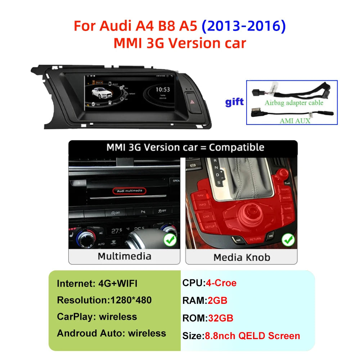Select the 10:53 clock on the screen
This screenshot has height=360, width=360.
[162, 89]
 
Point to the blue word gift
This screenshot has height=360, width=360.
[234, 102]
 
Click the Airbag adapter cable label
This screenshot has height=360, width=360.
[294, 103]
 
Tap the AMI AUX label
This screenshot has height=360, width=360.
[295, 121]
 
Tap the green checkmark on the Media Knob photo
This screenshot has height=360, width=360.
[288, 239]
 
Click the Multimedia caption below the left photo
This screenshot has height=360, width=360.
[125, 256]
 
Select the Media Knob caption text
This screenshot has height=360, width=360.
[242, 257]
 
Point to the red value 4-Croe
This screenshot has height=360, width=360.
[221, 283]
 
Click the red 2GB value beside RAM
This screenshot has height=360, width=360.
[217, 300]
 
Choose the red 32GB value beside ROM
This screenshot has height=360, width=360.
[220, 318]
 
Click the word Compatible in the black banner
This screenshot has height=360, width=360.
[237, 147]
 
